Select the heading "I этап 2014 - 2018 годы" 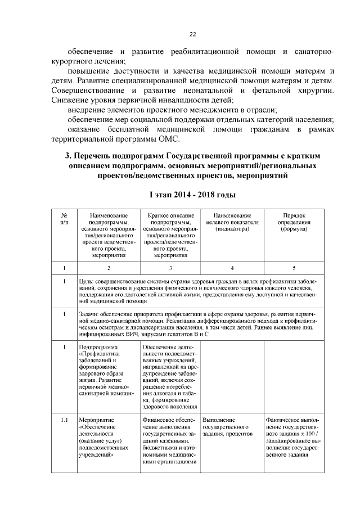coord(192,195)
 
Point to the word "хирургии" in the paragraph coord(315,91)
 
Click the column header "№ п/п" coord(65,219)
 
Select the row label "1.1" coord(65,420)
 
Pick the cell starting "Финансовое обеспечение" coord(170,442)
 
